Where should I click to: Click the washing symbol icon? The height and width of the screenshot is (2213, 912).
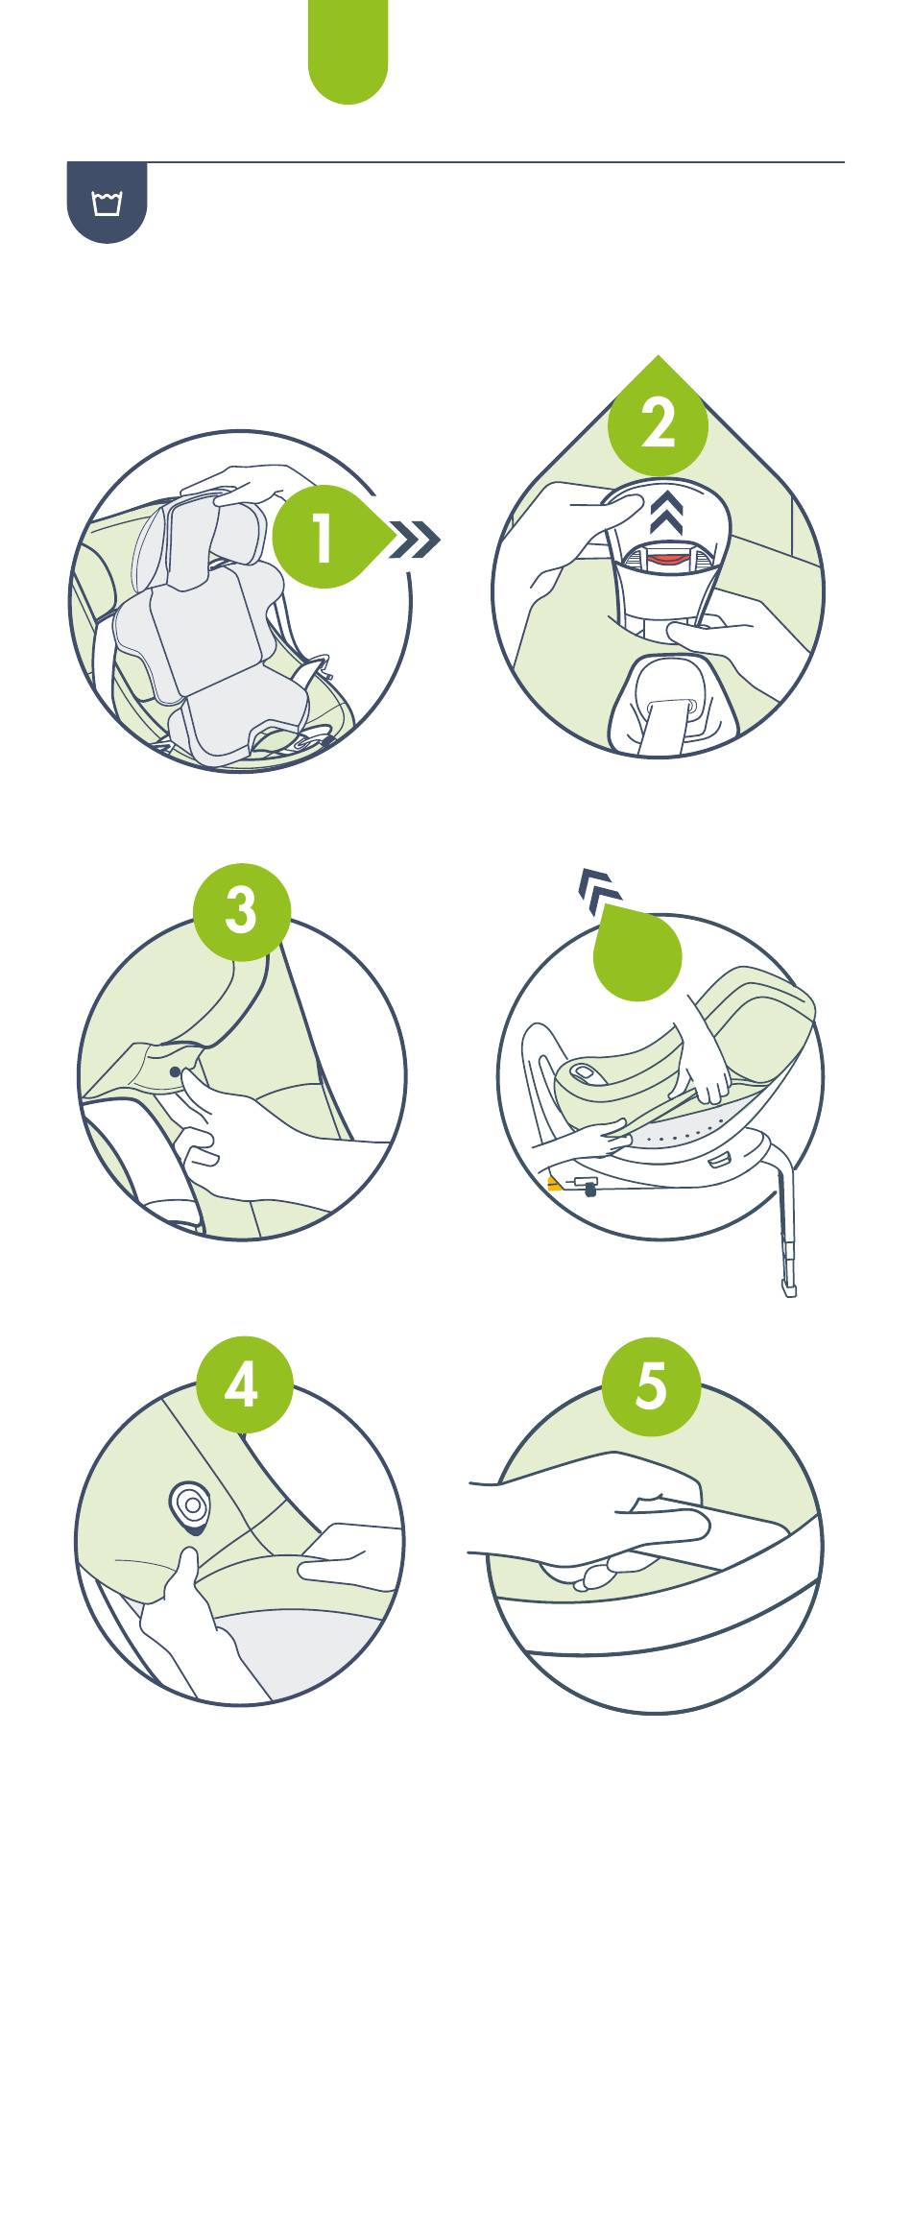point(107,203)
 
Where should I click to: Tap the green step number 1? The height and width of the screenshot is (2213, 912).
point(323,538)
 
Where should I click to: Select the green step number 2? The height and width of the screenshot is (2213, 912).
point(658,421)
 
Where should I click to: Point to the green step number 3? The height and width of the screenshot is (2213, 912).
point(241,909)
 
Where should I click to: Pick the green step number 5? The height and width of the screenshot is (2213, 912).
point(651,1385)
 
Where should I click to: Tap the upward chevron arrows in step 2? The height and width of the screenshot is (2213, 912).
point(666,516)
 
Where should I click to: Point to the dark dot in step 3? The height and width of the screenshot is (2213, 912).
point(175,1071)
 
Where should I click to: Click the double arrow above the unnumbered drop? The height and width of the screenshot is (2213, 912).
point(599,888)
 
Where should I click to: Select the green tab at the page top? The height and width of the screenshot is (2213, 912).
point(348,50)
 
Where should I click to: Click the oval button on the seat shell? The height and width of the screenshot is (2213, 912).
point(585,1071)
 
